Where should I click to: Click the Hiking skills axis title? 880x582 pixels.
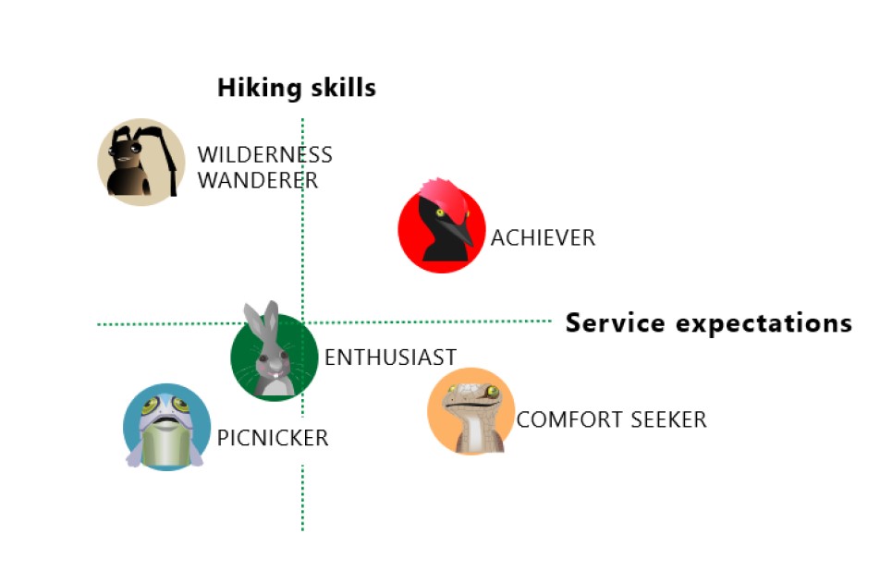[296, 89]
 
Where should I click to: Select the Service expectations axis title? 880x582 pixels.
[708, 323]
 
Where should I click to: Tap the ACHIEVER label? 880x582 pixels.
[543, 238]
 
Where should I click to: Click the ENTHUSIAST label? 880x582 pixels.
[390, 358]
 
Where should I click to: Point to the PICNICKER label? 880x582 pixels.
[273, 438]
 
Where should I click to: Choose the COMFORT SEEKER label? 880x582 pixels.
[611, 420]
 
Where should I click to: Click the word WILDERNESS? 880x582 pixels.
[264, 155]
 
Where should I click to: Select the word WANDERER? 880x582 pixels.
[257, 180]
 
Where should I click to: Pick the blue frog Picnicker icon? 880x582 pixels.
[166, 428]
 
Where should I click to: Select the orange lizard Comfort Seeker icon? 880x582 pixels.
[471, 411]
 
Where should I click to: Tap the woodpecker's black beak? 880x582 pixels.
[458, 231]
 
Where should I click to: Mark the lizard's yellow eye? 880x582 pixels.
[494, 392]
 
